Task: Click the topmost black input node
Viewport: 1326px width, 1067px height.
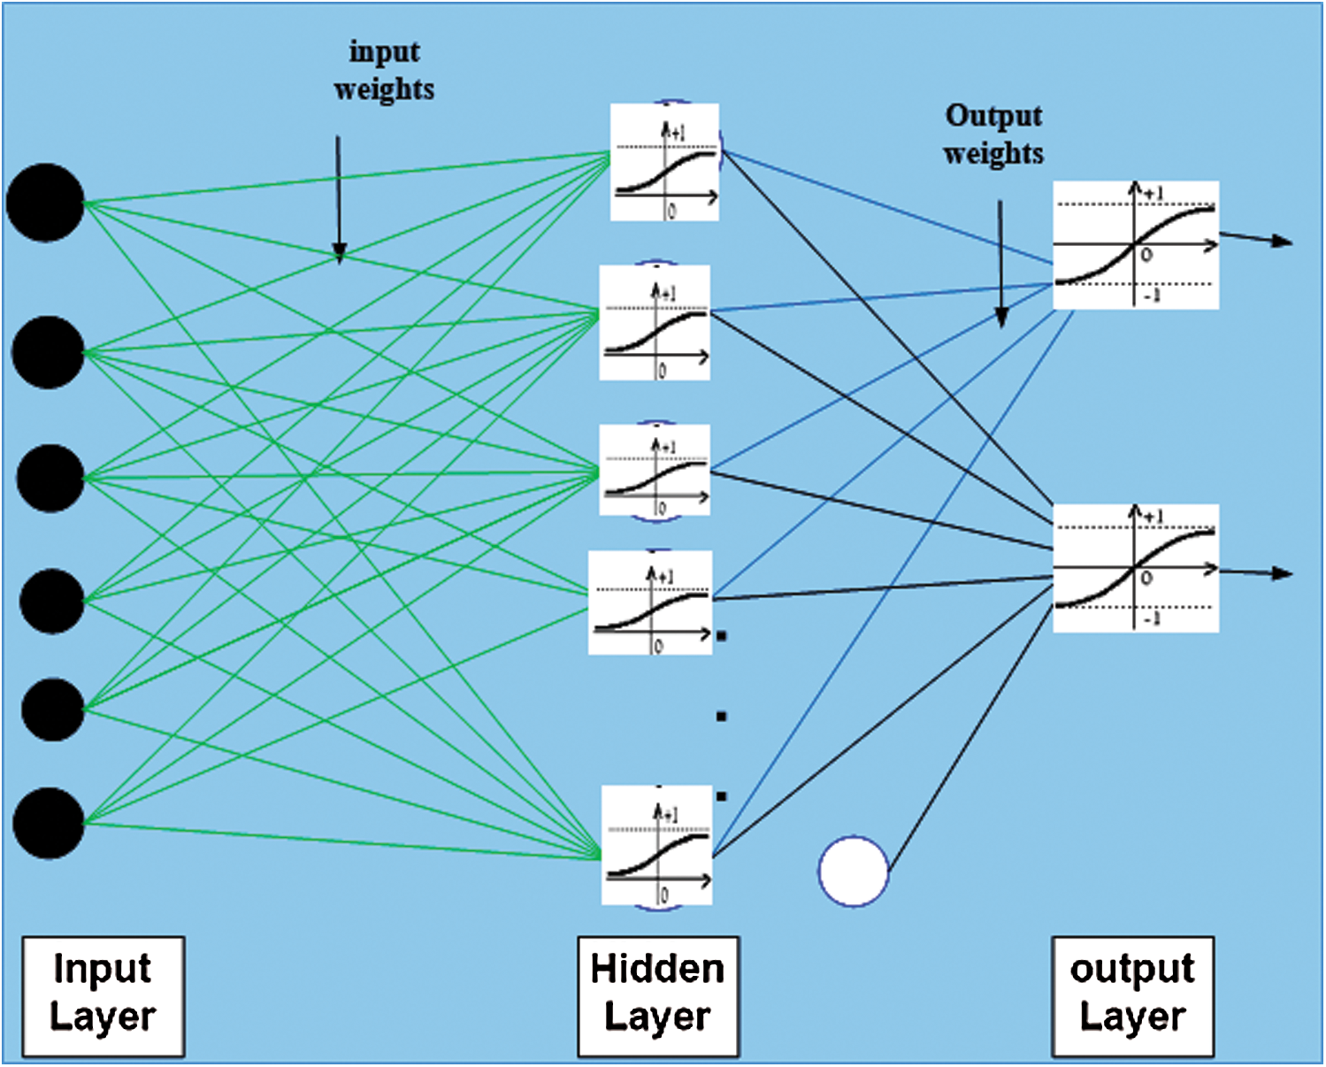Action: tap(45, 203)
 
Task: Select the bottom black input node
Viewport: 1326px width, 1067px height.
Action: tap(49, 823)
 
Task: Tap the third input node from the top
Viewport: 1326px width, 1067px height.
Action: tap(50, 479)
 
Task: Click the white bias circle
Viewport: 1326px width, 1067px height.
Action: tap(854, 871)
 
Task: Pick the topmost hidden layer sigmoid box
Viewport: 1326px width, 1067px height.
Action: tap(664, 162)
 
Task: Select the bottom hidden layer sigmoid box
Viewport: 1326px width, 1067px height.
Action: tap(657, 845)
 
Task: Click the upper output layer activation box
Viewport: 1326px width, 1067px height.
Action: tap(1136, 245)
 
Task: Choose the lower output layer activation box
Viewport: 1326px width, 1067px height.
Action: tap(1136, 568)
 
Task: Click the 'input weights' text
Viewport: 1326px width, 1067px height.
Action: tap(385, 70)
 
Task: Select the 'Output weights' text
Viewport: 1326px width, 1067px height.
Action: tap(994, 135)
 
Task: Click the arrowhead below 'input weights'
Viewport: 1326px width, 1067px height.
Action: tap(339, 255)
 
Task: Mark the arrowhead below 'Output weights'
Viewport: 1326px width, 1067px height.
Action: tap(1002, 318)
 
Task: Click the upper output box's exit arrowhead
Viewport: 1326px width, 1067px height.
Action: tap(1283, 241)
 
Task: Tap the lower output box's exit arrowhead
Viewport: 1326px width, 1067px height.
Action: tap(1283, 573)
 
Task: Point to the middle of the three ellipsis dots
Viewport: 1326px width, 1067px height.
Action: tap(722, 717)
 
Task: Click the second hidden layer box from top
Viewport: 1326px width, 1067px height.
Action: tap(655, 322)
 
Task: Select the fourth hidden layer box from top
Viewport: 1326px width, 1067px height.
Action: tap(650, 603)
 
